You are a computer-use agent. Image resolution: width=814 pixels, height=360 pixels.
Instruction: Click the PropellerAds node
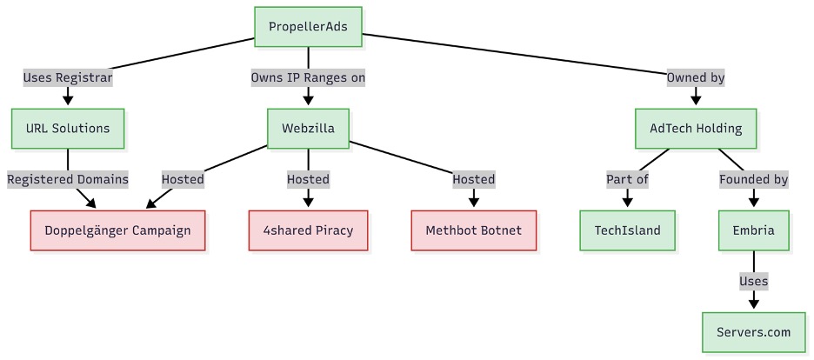(308, 27)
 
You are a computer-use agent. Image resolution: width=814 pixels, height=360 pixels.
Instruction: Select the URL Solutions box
(68, 129)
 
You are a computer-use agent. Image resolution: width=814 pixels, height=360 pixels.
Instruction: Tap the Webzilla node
(308, 129)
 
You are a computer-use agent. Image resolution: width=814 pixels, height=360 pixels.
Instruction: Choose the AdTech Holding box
(696, 129)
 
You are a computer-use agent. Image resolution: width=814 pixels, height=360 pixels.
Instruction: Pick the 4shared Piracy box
(308, 230)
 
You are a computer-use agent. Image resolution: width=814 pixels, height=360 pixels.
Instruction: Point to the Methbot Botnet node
(473, 230)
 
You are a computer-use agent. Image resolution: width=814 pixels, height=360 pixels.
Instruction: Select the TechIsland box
(627, 230)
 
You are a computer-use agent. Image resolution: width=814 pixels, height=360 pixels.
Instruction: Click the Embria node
(753, 230)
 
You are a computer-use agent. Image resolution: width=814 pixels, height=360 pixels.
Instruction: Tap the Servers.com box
(753, 332)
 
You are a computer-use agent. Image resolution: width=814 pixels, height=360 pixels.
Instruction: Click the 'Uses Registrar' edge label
(68, 77)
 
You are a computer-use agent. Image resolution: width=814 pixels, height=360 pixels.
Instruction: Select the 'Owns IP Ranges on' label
(308, 77)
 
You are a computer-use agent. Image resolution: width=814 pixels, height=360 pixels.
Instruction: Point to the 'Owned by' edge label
(696, 77)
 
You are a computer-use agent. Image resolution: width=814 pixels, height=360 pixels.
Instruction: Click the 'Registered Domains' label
(68, 179)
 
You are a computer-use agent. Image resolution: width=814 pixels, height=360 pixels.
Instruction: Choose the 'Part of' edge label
(627, 179)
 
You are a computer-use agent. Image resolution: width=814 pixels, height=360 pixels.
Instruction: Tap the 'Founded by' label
(753, 179)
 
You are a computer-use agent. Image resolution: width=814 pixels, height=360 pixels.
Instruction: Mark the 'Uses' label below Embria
(753, 281)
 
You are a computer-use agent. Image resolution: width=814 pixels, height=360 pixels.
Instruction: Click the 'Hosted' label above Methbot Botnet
(473, 179)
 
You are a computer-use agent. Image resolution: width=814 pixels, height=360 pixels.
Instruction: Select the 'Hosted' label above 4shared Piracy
(308, 179)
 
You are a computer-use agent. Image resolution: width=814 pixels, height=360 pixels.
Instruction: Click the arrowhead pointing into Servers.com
(753, 303)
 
